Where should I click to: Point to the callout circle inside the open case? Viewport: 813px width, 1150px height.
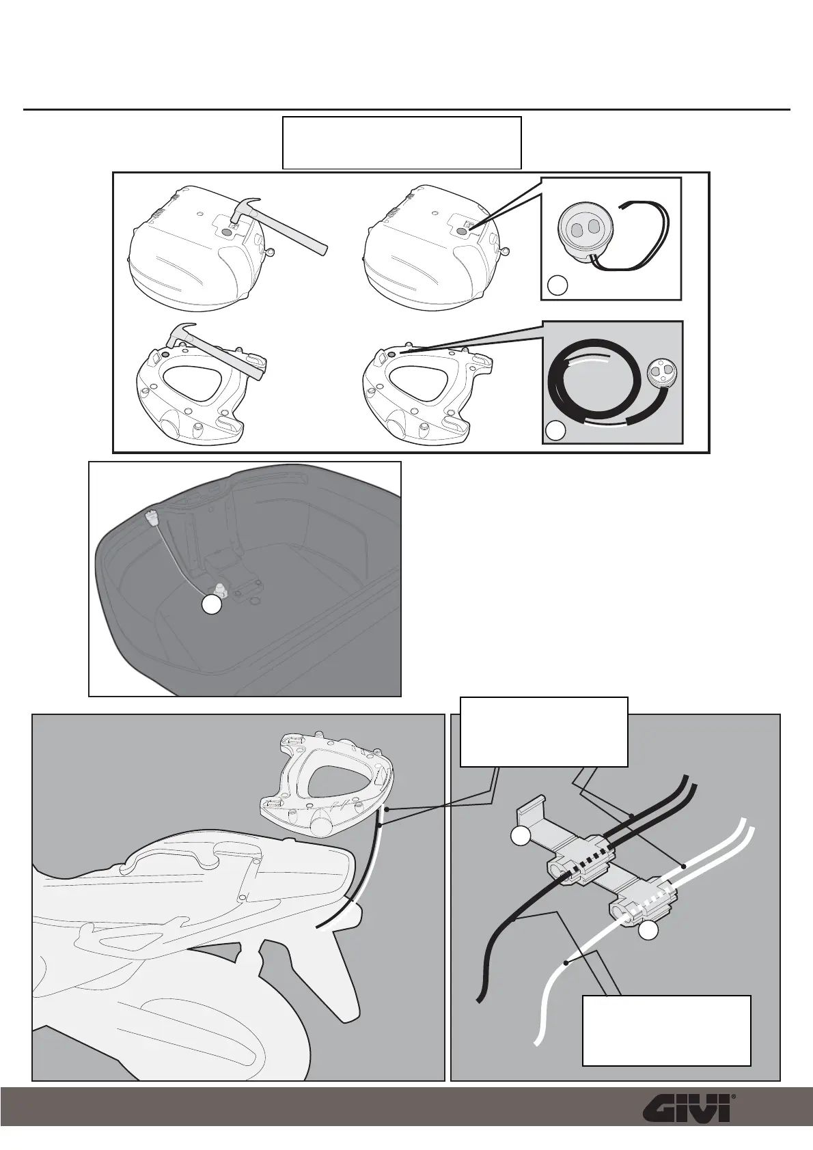[212, 606]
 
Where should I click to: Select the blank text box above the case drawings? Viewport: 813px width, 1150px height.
[402, 143]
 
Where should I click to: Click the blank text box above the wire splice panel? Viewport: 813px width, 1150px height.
[544, 731]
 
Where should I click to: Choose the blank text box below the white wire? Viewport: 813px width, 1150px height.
[666, 1030]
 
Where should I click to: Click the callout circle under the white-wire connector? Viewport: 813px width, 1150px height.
[649, 931]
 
